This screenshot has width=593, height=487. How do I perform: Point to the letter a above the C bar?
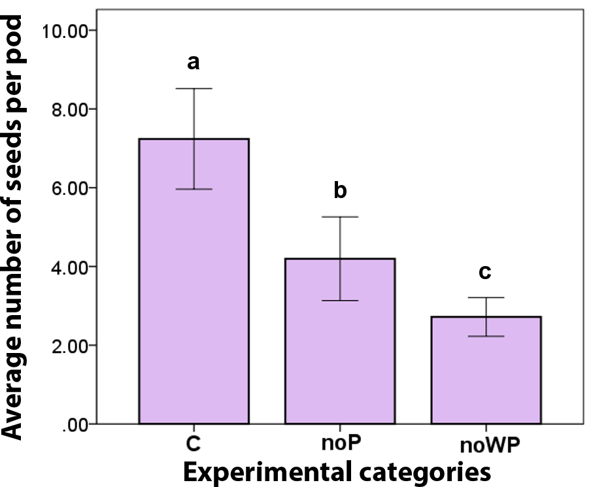194,63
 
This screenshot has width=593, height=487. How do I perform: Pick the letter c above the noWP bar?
485,271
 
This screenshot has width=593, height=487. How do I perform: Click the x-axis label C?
193,443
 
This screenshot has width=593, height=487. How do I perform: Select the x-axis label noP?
341,443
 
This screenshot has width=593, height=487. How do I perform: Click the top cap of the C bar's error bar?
194,88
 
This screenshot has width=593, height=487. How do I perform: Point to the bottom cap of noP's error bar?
339,301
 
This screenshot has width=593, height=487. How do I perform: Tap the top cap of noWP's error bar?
485,297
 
